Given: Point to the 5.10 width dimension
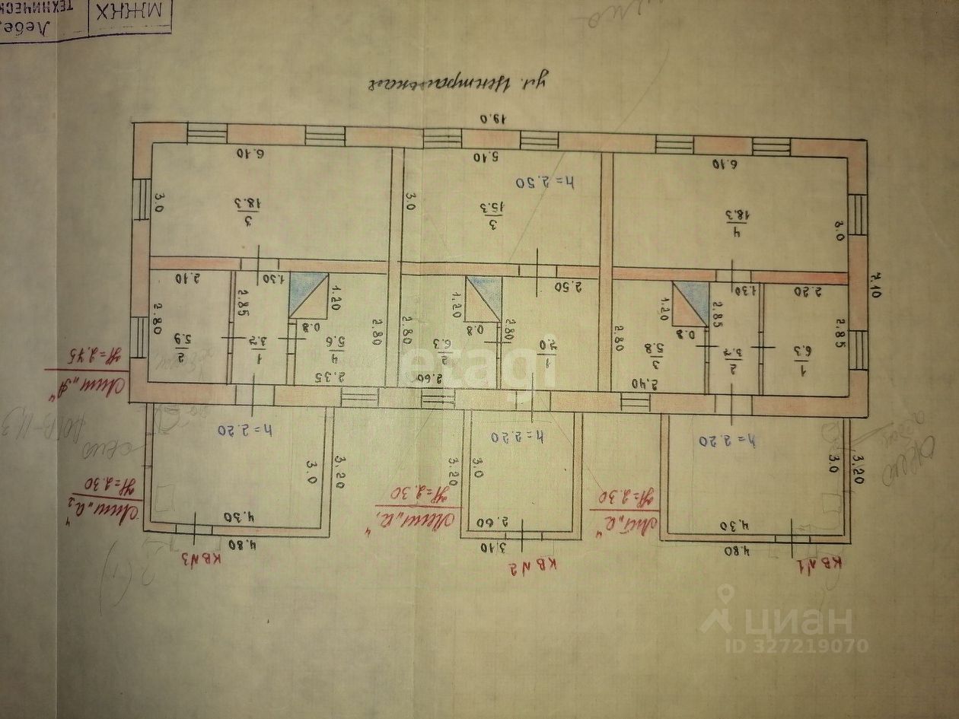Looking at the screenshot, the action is (x=483, y=157).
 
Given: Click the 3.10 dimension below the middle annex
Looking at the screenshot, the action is (x=493, y=546).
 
